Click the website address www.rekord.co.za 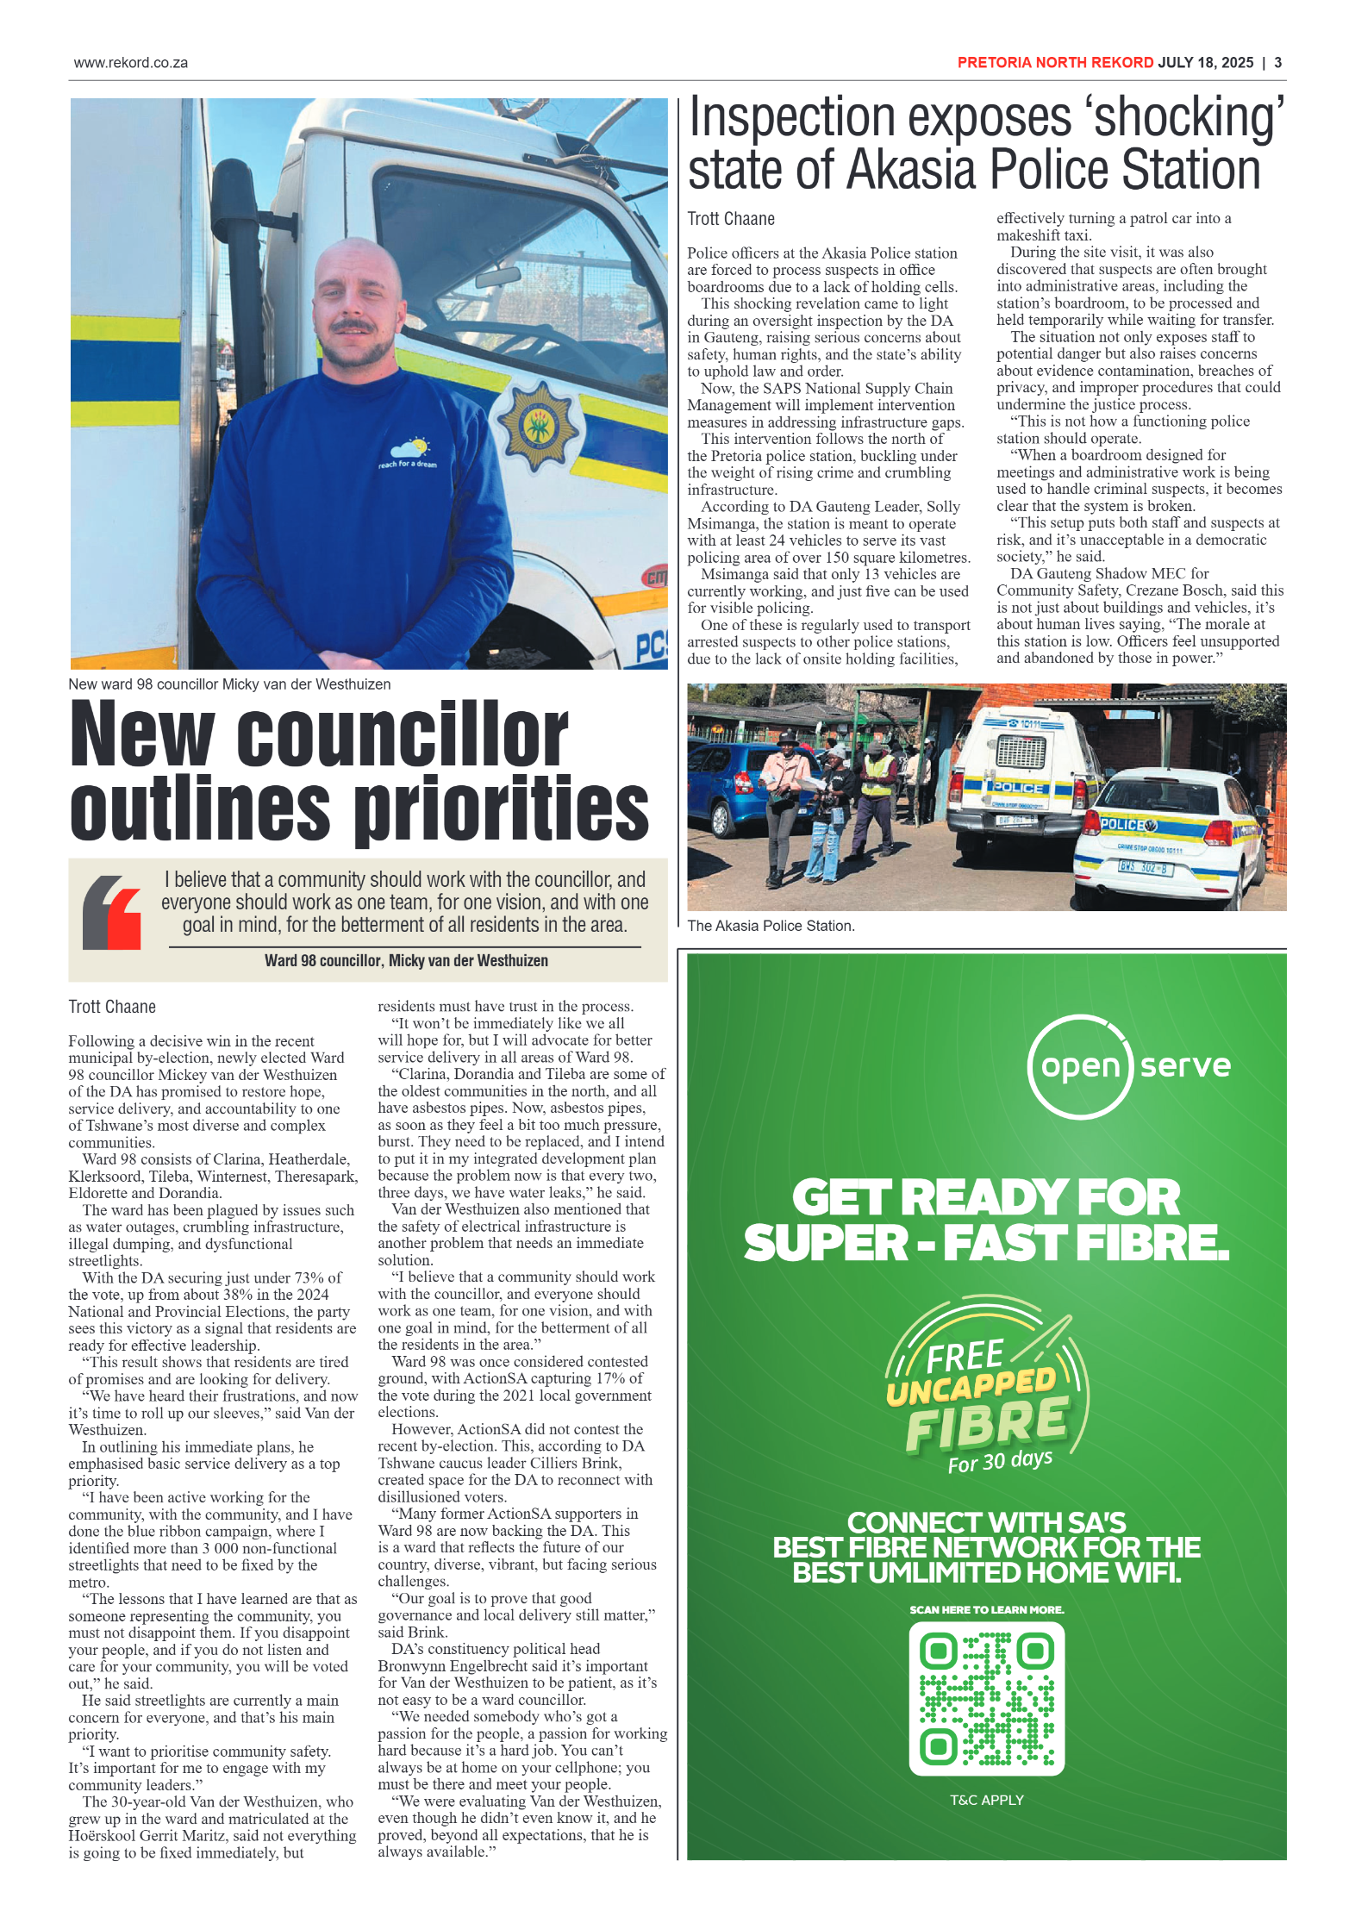[130, 63]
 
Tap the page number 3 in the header [1277, 63]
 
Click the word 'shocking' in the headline [1189, 118]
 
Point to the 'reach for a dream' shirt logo [408, 453]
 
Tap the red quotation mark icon [113, 913]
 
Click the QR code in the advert [986, 1698]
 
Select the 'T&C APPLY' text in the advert [986, 1801]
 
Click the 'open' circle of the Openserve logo [1080, 1067]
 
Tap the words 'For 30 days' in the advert [1000, 1461]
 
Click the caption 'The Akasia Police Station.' [771, 926]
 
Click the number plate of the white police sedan [1145, 867]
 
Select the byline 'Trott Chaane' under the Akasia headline [731, 219]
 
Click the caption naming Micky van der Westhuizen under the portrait [229, 684]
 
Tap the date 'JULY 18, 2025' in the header [1205, 63]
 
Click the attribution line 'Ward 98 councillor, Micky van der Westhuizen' [406, 961]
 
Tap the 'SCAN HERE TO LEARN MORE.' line [986, 1610]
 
